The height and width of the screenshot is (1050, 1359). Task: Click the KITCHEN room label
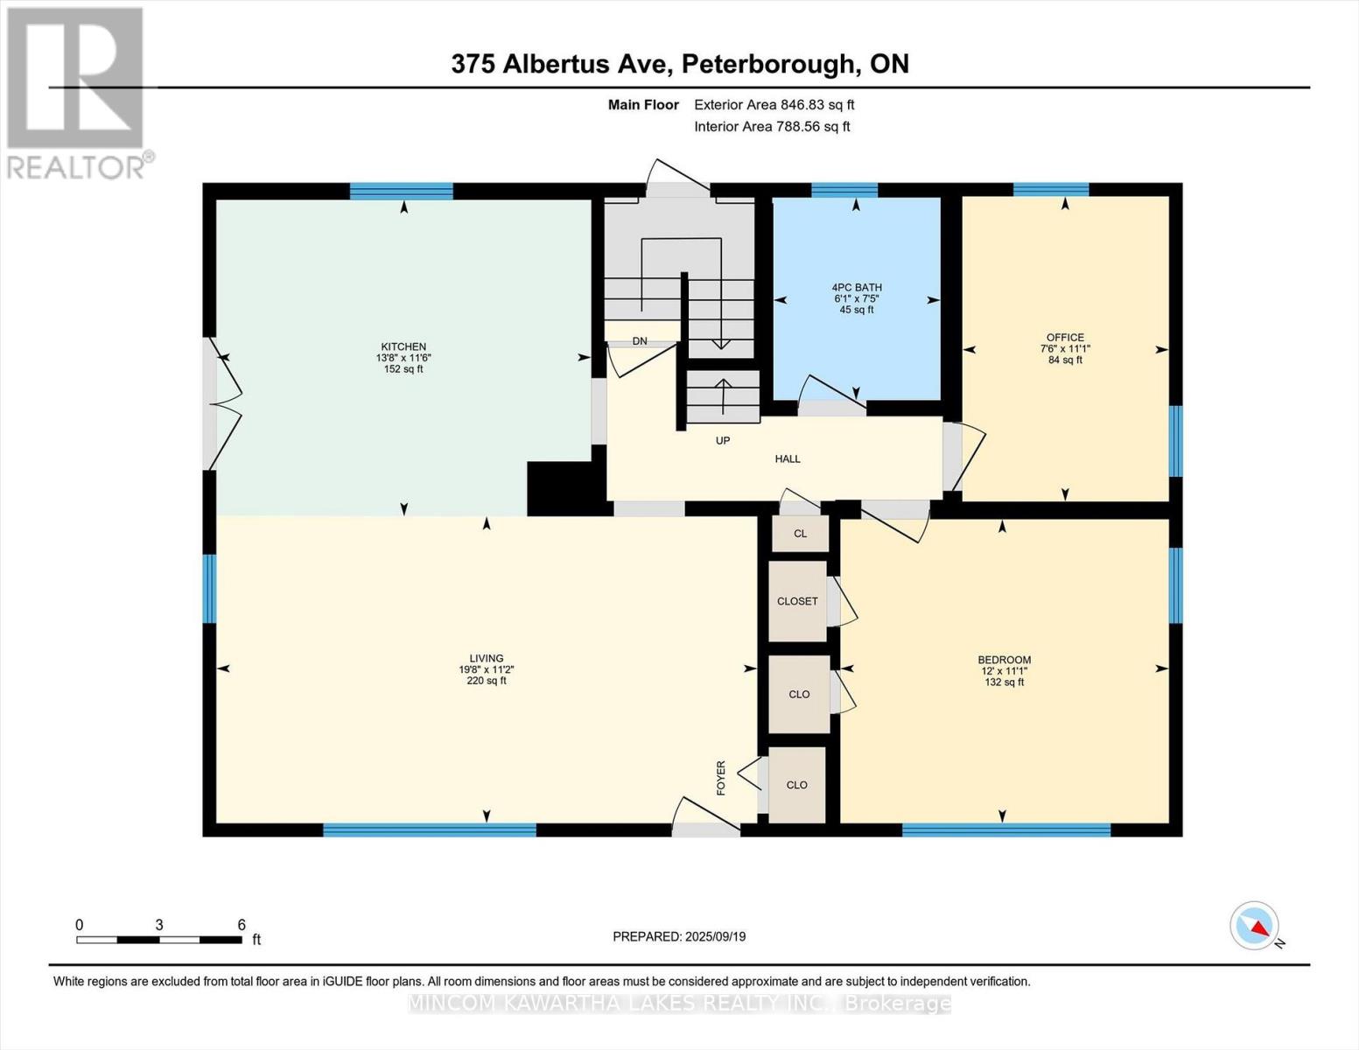pyautogui.click(x=403, y=346)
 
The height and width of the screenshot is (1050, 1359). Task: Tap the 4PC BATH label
pyautogui.click(x=856, y=287)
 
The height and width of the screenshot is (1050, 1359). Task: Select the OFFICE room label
pyautogui.click(x=1064, y=337)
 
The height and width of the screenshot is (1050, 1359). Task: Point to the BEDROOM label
pyautogui.click(x=1004, y=660)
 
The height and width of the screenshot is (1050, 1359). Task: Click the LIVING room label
pyautogui.click(x=486, y=658)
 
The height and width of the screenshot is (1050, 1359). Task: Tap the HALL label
pyautogui.click(x=787, y=458)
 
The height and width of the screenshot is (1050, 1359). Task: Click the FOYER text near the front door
pyautogui.click(x=721, y=778)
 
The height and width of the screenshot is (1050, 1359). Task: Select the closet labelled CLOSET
pyautogui.click(x=797, y=601)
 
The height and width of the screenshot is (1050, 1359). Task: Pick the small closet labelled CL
pyautogui.click(x=800, y=534)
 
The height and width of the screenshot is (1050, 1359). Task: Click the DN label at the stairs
pyautogui.click(x=640, y=340)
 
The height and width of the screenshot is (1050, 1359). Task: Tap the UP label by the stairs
pyautogui.click(x=722, y=440)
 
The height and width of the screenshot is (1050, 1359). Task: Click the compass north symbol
pyautogui.click(x=1255, y=926)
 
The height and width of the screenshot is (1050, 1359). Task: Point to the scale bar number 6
pyautogui.click(x=242, y=925)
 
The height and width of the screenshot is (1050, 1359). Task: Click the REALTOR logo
pyautogui.click(x=76, y=92)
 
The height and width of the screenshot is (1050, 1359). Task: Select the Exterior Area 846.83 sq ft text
pyautogui.click(x=774, y=105)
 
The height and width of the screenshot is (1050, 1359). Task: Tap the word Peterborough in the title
pyautogui.click(x=768, y=64)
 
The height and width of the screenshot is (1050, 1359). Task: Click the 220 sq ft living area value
pyautogui.click(x=486, y=681)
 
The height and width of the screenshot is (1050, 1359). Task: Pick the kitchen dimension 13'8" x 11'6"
pyautogui.click(x=403, y=358)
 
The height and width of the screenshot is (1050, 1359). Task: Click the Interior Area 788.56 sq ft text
pyautogui.click(x=772, y=127)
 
